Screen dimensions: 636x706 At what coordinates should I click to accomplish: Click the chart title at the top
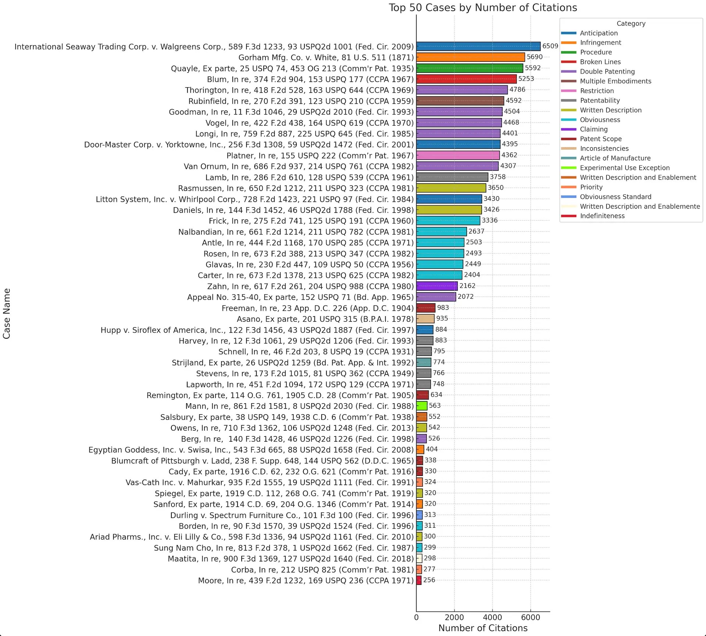click(483, 8)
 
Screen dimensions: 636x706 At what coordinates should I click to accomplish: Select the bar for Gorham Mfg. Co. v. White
click(470, 57)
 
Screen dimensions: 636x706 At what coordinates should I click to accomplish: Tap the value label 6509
click(550, 46)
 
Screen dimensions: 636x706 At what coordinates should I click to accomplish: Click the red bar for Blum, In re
click(466, 79)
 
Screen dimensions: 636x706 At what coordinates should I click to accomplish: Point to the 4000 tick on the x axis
click(492, 617)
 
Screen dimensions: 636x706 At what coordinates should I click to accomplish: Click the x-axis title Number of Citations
click(483, 628)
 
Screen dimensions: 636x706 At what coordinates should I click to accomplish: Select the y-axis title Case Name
click(7, 313)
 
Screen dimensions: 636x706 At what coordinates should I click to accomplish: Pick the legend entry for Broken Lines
click(600, 62)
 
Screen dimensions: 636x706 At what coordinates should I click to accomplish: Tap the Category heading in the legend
click(631, 24)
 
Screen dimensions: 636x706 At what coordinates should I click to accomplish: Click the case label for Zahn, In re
click(310, 286)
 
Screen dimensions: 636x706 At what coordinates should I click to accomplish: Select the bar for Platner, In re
click(458, 155)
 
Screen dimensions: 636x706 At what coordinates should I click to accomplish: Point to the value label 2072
click(466, 296)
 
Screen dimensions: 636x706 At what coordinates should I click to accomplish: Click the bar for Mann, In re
click(422, 406)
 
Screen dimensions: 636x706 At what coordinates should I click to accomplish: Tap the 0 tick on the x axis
click(416, 617)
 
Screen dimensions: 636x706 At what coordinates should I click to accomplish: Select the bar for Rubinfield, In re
click(460, 101)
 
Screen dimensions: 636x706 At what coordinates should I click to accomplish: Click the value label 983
click(443, 308)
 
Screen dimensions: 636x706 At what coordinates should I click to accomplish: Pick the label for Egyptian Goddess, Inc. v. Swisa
click(251, 450)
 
